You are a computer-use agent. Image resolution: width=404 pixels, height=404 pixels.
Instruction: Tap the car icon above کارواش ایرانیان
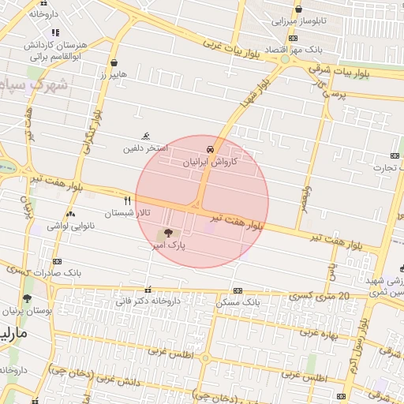point(210,148)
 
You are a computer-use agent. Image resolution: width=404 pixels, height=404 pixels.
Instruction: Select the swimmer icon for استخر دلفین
point(144,136)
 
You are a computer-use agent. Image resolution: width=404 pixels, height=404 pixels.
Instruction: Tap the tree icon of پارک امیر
point(166,234)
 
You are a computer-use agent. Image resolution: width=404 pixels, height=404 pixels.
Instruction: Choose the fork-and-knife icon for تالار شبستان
point(127,200)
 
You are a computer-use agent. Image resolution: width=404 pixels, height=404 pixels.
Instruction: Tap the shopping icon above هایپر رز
point(114,62)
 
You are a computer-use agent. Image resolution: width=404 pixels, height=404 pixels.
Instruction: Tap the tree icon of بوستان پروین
point(28,298)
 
